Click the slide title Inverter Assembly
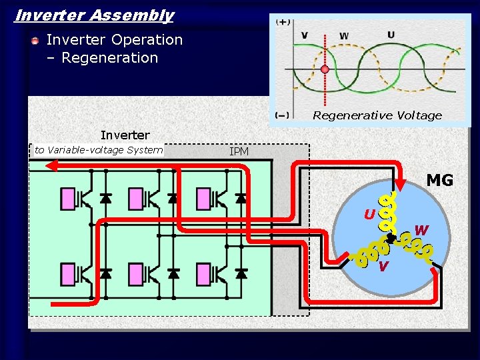94,15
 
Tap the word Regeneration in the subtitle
109,58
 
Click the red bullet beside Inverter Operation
35,41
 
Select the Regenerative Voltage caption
377,115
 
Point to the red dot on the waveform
325,69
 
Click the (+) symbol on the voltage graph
283,22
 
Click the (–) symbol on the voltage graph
283,115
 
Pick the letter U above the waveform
391,35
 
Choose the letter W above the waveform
344,36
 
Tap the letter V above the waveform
304,35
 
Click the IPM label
239,152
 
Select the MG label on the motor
439,180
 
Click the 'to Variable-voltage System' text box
99,150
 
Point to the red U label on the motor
369,215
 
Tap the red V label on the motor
383,267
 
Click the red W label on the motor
421,231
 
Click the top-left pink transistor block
69,198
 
